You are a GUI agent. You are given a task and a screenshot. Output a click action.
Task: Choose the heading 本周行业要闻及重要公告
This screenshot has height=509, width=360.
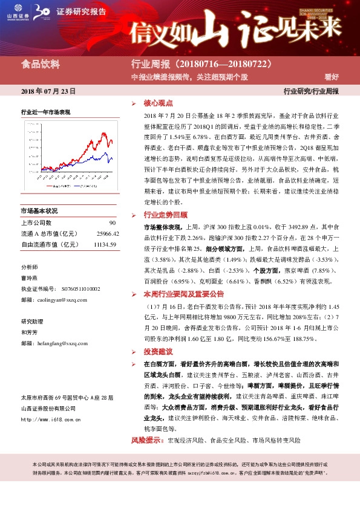coord(183,294)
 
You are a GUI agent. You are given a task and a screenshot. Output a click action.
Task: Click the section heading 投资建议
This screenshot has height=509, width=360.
coord(158,352)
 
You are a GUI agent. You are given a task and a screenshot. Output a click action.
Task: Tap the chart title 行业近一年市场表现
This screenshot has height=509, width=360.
coord(46,112)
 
